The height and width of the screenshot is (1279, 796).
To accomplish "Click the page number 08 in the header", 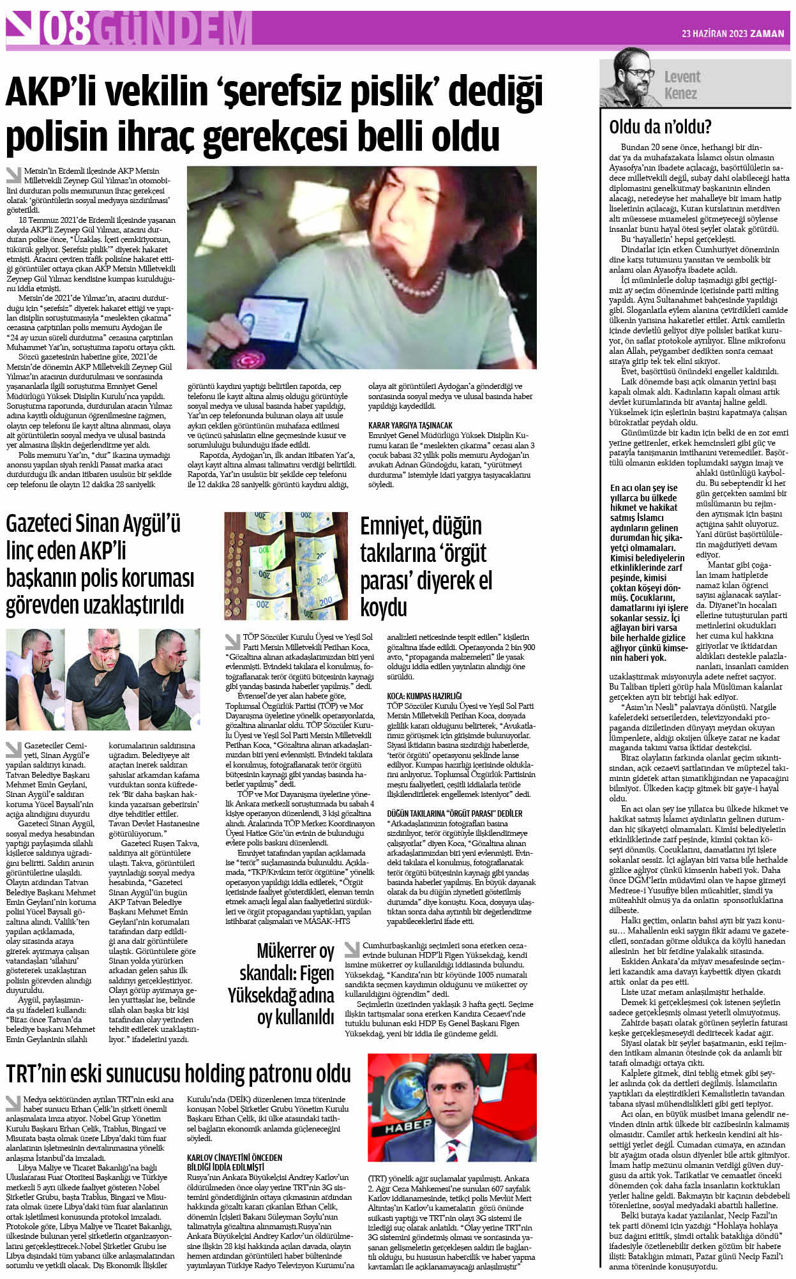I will coord(68,30).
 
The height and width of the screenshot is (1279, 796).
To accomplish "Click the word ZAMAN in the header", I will coord(767,34).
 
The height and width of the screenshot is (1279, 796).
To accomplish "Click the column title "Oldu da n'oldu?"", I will coord(660,126).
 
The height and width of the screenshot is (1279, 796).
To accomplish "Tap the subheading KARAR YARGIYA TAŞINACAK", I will coord(410,425).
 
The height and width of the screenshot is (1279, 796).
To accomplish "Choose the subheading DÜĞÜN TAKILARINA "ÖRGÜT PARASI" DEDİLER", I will coord(454,814).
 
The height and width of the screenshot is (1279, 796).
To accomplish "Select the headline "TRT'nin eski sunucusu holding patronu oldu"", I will coord(179,1073).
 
